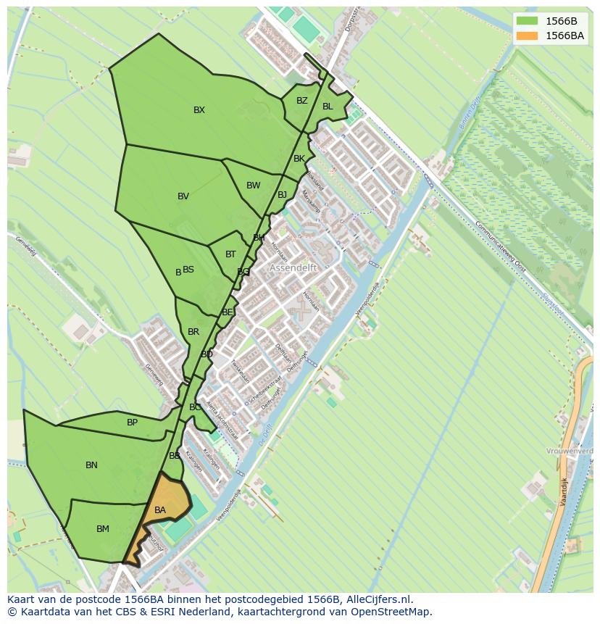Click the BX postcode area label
point(199,110)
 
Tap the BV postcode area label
point(183,196)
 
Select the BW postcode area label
point(253,186)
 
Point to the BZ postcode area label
point(302,101)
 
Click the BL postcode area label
point(328,107)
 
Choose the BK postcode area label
point(299,159)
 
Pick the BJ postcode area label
point(283,195)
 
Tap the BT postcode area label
point(230,254)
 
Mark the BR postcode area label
point(193,332)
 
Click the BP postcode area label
point(132,423)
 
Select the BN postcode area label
point(91,465)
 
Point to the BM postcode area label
point(103,529)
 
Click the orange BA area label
point(160,510)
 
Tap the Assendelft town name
point(294,267)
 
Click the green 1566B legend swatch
point(527,20)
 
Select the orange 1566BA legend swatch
point(527,36)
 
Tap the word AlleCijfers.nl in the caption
point(378,599)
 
